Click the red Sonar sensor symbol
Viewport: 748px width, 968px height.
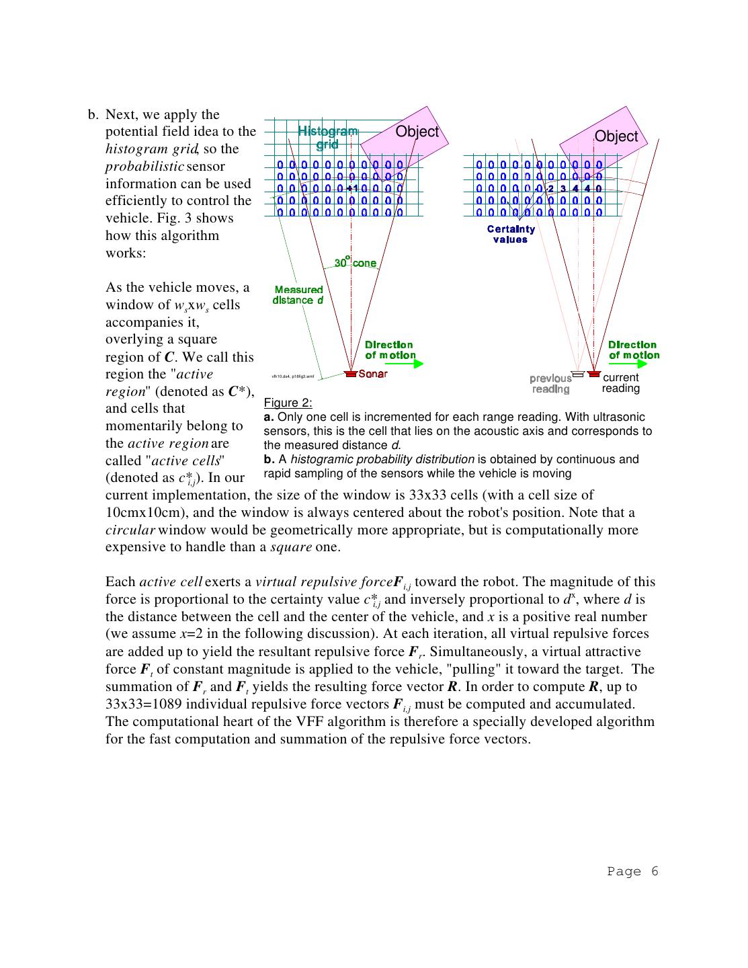[350, 374]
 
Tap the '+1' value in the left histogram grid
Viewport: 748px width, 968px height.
[351, 189]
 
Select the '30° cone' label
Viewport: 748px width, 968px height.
[356, 262]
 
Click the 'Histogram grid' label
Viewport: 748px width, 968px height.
[328, 136]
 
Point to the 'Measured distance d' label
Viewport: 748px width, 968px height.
[298, 295]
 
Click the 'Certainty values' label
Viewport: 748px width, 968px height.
[511, 234]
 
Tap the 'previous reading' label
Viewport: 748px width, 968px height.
[550, 384]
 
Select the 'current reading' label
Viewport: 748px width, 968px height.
[621, 383]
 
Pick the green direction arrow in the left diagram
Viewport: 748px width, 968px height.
[405, 364]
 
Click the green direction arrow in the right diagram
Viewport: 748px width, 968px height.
[628, 364]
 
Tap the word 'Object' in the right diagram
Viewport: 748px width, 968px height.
[616, 136]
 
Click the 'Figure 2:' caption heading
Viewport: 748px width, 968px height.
[288, 403]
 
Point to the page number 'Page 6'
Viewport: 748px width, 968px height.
[632, 872]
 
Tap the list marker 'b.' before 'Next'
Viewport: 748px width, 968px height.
[93, 114]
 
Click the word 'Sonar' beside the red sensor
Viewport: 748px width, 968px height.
[373, 374]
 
